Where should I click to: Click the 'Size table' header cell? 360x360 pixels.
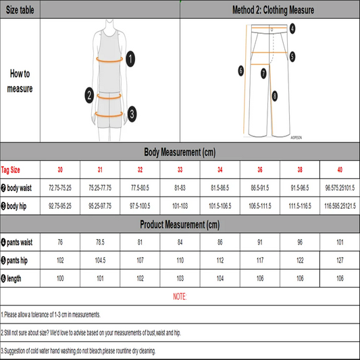click(x=20, y=9)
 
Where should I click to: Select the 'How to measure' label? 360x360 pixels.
click(x=20, y=82)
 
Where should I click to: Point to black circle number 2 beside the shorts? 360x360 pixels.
click(x=88, y=95)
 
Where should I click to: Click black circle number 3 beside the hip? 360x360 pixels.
click(x=132, y=113)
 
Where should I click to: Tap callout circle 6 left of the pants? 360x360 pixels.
click(x=240, y=70)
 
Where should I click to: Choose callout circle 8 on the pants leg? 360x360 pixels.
click(x=275, y=96)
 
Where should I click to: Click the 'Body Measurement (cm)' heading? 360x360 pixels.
click(x=180, y=152)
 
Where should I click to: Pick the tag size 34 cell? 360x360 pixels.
click(x=220, y=170)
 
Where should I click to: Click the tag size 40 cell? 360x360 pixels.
click(x=340, y=170)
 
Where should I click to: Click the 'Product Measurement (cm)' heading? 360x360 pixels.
click(x=180, y=224)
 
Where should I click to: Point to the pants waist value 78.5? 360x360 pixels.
click(x=100, y=242)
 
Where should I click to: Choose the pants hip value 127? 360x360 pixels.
click(x=340, y=259)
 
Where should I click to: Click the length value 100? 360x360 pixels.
click(x=60, y=278)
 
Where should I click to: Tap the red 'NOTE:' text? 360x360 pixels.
click(x=180, y=297)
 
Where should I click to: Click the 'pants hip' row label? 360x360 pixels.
click(x=18, y=259)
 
